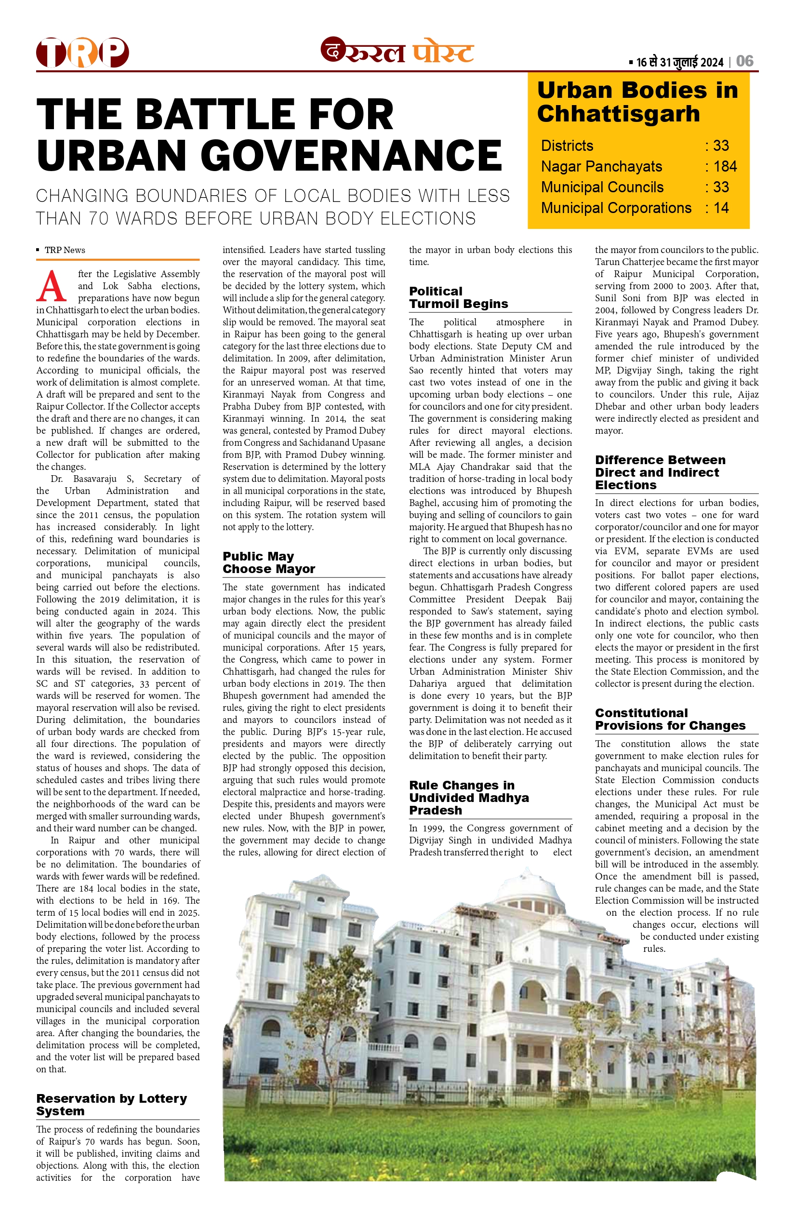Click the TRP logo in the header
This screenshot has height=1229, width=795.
pyautogui.click(x=82, y=53)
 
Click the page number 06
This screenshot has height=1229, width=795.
pyautogui.click(x=744, y=62)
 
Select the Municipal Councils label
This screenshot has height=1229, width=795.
pyautogui.click(x=602, y=187)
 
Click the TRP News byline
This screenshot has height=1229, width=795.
pyautogui.click(x=65, y=251)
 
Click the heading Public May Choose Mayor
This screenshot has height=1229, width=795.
pyautogui.click(x=268, y=563)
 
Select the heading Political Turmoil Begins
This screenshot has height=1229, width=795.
pyautogui.click(x=458, y=298)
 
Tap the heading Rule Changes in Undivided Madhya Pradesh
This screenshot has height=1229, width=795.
pyautogui.click(x=469, y=798)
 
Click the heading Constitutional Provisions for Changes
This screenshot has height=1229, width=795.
pyautogui.click(x=670, y=719)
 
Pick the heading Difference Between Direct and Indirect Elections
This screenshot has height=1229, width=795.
pyautogui.click(x=660, y=472)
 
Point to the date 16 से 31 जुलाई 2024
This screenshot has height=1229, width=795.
pyautogui.click(x=679, y=63)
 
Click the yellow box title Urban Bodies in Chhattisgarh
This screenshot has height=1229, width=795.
pyautogui.click(x=637, y=102)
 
